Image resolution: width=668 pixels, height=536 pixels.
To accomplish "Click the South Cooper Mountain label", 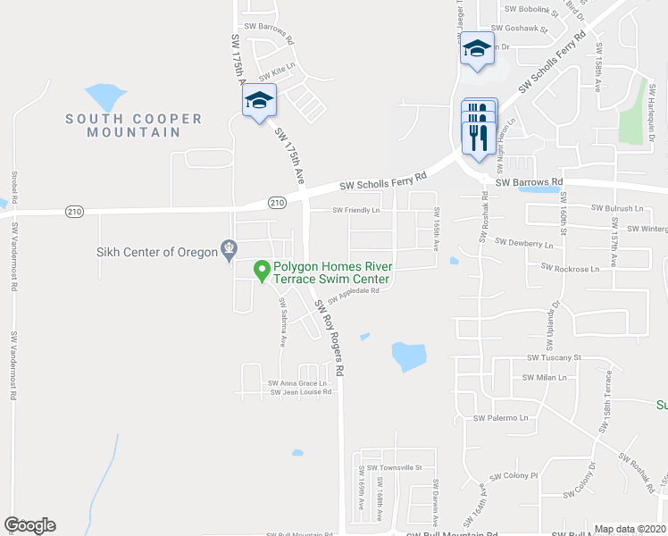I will point(133,125).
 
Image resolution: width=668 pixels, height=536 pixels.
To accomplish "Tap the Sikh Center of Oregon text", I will point(157,252).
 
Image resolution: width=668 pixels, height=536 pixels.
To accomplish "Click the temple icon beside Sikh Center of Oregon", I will point(230,247).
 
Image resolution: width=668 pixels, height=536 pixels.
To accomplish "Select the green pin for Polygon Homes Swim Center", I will point(262,268).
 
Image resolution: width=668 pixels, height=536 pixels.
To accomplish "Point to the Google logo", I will point(30,525).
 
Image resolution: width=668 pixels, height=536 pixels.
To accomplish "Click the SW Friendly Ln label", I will point(356,211).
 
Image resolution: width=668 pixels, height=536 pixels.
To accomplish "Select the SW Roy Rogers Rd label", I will point(328,336).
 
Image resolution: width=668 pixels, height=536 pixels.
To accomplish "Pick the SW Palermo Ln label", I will point(501,417).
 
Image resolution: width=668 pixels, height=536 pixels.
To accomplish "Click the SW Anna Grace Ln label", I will point(298,383).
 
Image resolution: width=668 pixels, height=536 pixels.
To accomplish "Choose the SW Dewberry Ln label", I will point(524,242).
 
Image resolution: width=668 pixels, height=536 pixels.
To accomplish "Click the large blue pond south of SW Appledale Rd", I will point(408,356).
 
